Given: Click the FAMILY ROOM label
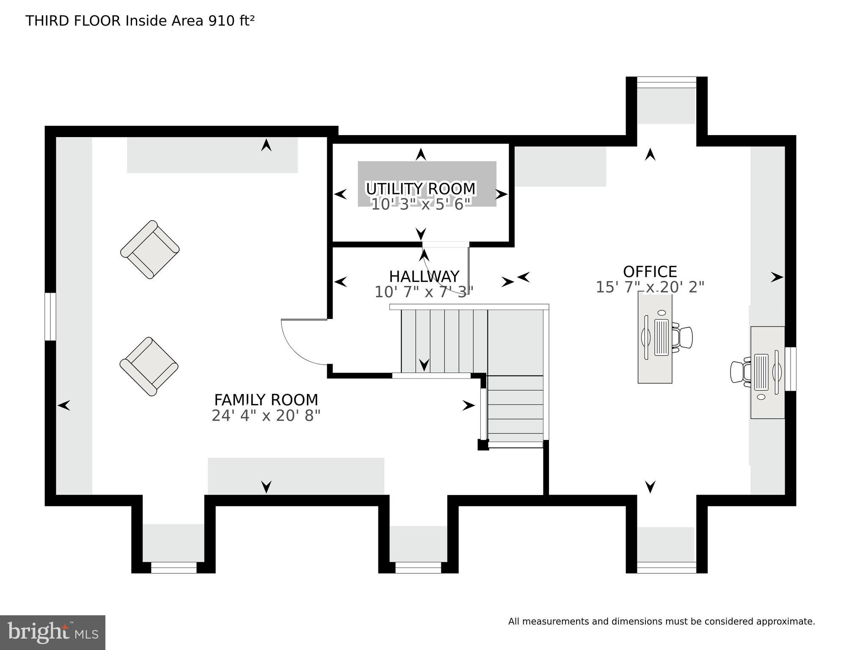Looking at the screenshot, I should [x=266, y=400].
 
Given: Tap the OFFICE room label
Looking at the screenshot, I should [x=650, y=271].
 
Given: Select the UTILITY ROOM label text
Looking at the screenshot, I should [x=421, y=188].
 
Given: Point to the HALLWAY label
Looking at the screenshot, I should [x=424, y=277].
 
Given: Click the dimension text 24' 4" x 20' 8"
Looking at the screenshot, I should [x=266, y=416].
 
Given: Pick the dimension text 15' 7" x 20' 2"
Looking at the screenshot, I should [x=650, y=287].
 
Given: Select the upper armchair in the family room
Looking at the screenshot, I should [x=150, y=249].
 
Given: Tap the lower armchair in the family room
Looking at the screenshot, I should [x=149, y=366].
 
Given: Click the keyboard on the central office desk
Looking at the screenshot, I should [x=661, y=337].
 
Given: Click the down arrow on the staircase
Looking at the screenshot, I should [x=424, y=365].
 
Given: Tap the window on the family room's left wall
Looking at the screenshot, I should [x=50, y=316].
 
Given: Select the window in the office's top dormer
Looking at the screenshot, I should [x=666, y=83].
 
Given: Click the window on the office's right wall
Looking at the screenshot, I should [x=790, y=369].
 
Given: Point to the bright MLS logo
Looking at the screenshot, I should [x=52, y=632].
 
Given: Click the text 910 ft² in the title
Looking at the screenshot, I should [x=231, y=20].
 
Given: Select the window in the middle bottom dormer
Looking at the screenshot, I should [x=418, y=567].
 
